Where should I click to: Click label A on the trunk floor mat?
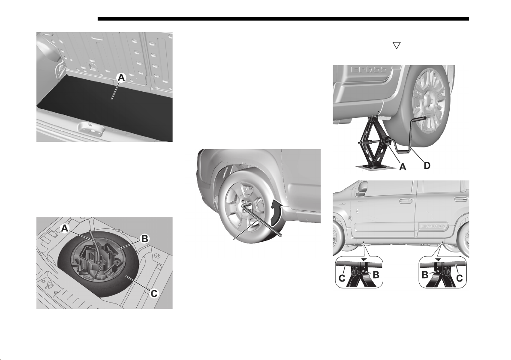[x=121, y=78]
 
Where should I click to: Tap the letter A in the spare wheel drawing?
[x=65, y=229]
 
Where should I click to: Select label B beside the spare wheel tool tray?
[x=144, y=239]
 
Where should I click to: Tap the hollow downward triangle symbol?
[x=396, y=45]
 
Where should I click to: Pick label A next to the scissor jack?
[x=403, y=167]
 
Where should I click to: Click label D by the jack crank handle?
[x=427, y=165]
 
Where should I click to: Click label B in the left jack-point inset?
[x=376, y=275]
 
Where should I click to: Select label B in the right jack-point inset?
[x=425, y=275]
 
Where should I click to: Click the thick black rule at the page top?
[x=283, y=19]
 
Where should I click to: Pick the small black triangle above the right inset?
[x=438, y=259]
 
